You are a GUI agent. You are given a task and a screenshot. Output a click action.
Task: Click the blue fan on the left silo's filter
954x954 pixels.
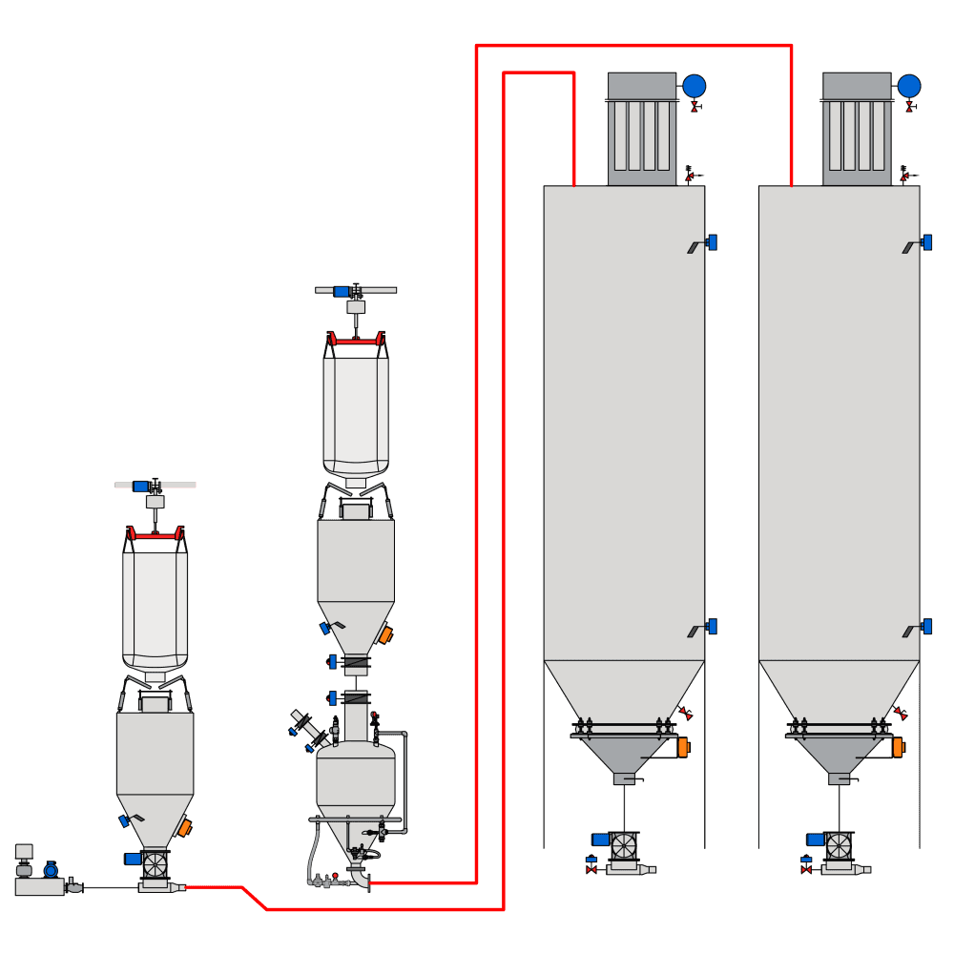click(x=695, y=86)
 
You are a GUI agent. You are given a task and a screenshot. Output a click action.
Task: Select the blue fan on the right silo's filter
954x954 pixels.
click(x=909, y=86)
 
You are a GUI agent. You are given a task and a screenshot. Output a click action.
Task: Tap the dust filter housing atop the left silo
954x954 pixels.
click(x=642, y=129)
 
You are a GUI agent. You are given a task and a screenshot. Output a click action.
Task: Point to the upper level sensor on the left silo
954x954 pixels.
click(x=711, y=242)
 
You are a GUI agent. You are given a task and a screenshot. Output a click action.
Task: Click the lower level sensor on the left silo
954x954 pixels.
click(x=711, y=627)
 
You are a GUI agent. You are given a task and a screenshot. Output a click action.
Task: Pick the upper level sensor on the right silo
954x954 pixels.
click(x=925, y=242)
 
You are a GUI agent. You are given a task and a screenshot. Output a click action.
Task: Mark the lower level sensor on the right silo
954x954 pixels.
click(x=925, y=627)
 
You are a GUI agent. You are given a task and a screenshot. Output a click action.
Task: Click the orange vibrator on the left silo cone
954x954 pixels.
click(x=683, y=748)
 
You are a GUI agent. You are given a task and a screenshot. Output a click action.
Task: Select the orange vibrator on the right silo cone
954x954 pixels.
click(x=898, y=748)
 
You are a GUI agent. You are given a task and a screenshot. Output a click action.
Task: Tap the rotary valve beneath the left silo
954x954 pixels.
click(x=623, y=845)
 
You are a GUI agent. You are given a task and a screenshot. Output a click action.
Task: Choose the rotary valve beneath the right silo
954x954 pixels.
click(x=839, y=845)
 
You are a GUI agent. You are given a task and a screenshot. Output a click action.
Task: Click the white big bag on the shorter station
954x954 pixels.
click(x=155, y=609)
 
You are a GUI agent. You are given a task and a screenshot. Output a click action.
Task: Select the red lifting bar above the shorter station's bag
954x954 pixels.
click(x=155, y=536)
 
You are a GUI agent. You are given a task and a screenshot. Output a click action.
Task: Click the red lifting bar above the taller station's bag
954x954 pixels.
click(x=356, y=341)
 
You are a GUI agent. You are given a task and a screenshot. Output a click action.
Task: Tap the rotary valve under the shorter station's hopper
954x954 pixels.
click(x=155, y=865)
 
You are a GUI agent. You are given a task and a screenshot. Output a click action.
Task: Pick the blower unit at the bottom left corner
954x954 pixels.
click(x=39, y=886)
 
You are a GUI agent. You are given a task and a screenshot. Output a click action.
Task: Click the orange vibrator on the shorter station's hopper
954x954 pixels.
click(x=185, y=827)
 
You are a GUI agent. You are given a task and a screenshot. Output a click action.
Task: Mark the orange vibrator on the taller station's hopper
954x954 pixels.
click(x=385, y=634)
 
